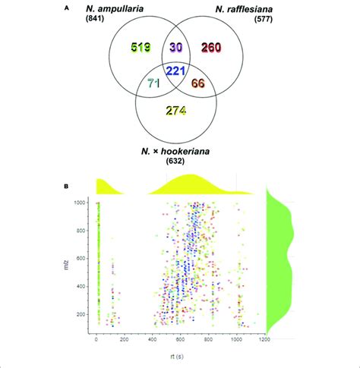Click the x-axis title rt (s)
click(178, 357)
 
